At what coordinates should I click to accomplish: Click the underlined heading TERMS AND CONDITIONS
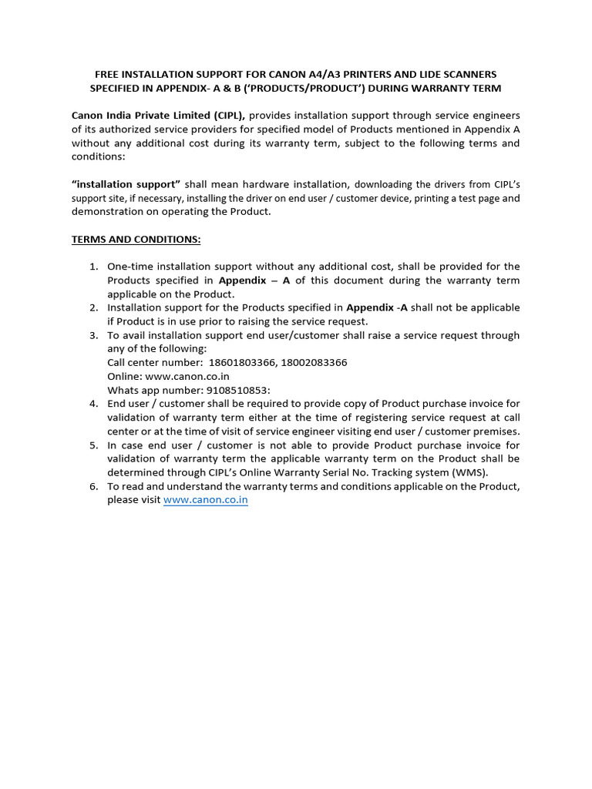(x=136, y=240)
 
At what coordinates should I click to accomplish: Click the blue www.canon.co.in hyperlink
(x=205, y=500)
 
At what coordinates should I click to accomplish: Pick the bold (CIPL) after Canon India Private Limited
(x=227, y=115)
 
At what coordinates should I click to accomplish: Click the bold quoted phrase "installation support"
(x=126, y=184)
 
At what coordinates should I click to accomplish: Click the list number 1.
(x=93, y=267)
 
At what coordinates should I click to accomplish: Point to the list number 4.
(x=93, y=404)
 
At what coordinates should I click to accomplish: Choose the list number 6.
(x=93, y=486)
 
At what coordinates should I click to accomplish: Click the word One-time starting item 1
(x=131, y=267)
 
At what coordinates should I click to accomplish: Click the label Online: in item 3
(x=124, y=376)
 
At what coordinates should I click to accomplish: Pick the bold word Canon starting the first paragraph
(x=88, y=115)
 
